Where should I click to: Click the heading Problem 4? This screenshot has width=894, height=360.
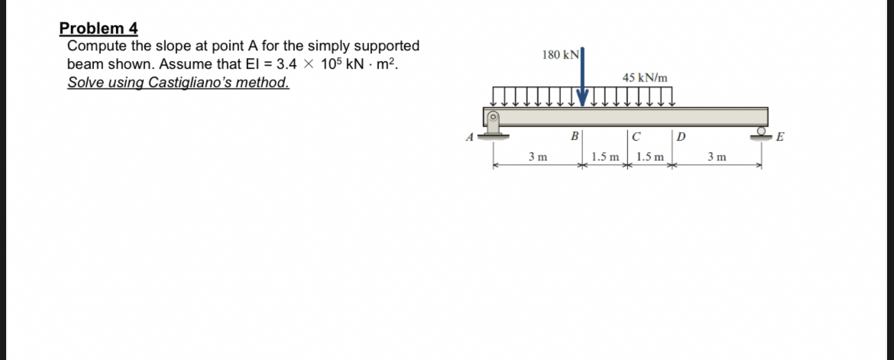pos(99,29)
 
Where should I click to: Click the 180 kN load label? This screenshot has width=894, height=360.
pos(560,55)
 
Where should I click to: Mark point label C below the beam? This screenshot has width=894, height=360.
pos(636,138)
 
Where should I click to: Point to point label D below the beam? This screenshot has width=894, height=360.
pos(682,138)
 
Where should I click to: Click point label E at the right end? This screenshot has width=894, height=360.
pos(779,138)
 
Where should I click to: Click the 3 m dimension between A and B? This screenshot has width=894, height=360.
pos(537,157)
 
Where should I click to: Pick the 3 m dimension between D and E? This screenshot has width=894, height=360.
pos(716,157)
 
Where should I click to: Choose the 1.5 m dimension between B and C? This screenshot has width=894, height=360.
pos(604,157)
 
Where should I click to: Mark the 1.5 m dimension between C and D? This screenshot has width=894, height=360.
pos(649,157)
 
